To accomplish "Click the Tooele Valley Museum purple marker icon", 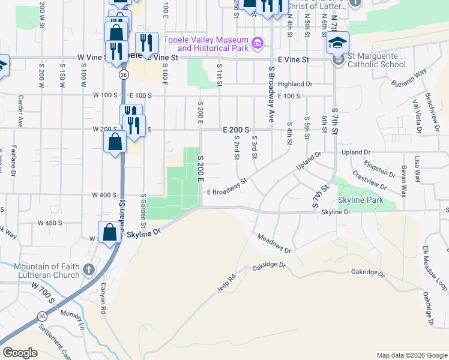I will (258, 43).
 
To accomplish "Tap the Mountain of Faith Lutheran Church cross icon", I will (89, 269).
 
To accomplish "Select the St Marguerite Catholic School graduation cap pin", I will (337, 44).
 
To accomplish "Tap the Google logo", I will (20, 353).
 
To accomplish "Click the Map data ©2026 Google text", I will (412, 355).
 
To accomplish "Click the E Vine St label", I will (293, 60).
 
